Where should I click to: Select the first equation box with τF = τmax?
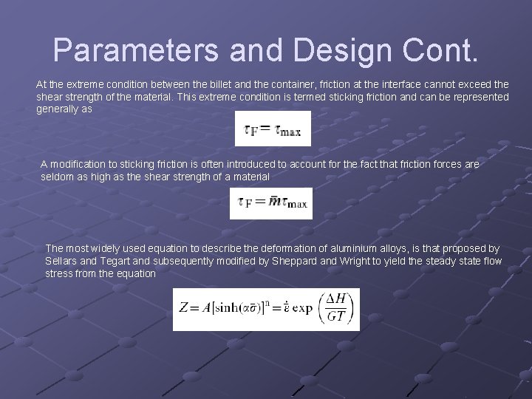(273, 129)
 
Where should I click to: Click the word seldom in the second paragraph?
(57, 177)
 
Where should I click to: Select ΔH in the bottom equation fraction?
(337, 298)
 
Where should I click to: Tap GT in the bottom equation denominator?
(337, 317)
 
